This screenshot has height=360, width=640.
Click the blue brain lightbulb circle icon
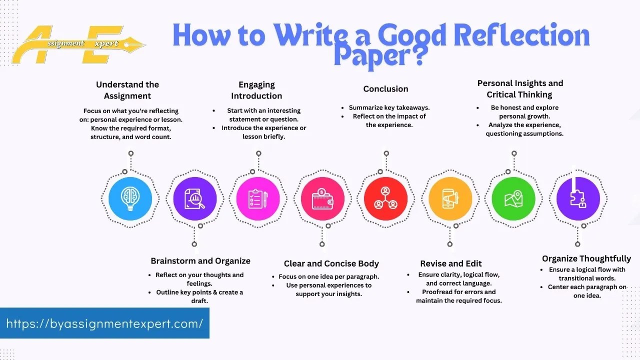[130, 198]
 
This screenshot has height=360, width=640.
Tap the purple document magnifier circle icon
[194, 198]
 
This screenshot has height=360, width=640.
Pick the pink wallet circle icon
[322, 198]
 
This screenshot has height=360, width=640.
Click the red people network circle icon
[385, 198]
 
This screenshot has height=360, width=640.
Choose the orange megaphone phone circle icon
[450, 198]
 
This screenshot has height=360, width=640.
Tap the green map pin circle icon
[513, 198]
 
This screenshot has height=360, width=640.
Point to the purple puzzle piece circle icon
[578, 198]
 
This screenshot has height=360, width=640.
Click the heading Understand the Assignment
[127, 90]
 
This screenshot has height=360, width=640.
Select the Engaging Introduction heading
[256, 90]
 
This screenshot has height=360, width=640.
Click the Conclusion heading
[385, 89]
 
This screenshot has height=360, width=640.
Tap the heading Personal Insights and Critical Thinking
[520, 88]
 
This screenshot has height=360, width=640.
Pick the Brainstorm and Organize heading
[200, 261]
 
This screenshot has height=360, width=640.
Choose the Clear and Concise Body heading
[331, 263]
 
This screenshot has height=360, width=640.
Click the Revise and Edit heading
[451, 263]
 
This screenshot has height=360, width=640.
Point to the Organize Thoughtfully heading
[586, 258]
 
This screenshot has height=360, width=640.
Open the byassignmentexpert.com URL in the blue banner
[104, 323]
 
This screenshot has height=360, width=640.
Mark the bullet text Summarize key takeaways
[389, 107]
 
